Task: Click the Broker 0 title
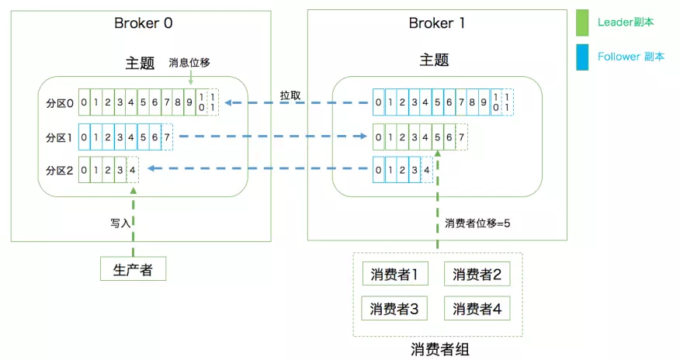pos(144,22)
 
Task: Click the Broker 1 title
pos(436,22)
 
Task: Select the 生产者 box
pos(134,269)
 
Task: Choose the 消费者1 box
pos(394,274)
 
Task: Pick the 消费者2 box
pos(477,274)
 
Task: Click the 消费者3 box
pos(394,309)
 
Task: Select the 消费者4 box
pos(477,309)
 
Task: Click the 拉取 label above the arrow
pos(291,95)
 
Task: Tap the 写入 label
pos(120,222)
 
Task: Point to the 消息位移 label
pos(189,63)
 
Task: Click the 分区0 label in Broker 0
pos(60,103)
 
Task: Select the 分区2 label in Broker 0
pos(60,170)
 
